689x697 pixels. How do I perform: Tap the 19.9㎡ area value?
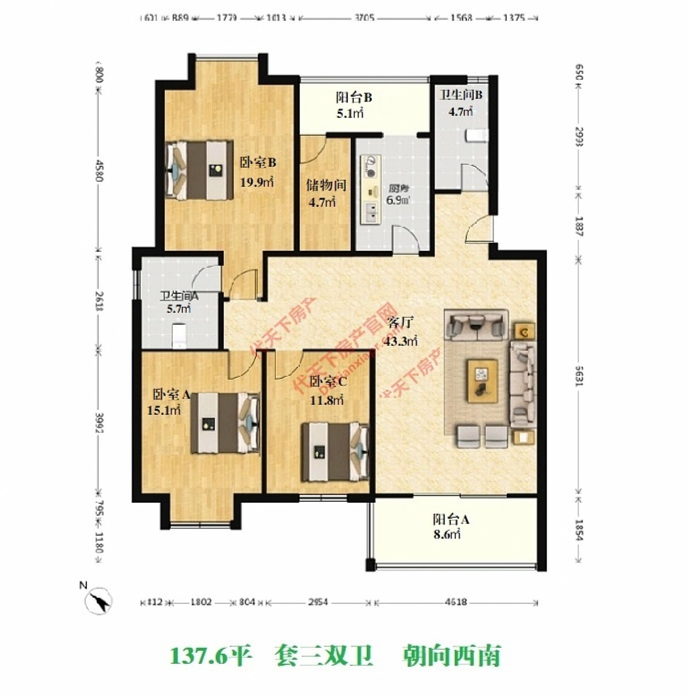pyautogui.click(x=257, y=182)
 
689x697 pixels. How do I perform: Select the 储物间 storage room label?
pyautogui.click(x=326, y=184)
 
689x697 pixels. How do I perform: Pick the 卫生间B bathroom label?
pyautogui.click(x=460, y=94)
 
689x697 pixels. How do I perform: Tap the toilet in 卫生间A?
pyautogui.click(x=180, y=336)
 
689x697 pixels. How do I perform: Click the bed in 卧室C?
pyautogui.click(x=334, y=452)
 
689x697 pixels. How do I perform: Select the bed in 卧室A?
pyautogui.click(x=225, y=423)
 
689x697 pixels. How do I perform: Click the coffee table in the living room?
pyautogui.click(x=482, y=380)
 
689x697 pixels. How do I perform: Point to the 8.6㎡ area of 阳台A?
pyautogui.click(x=446, y=535)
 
